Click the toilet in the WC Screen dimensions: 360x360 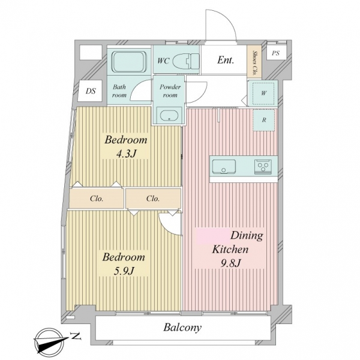coord(186,61)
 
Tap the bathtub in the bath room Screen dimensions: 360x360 coord(129,62)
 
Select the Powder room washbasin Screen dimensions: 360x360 coord(169,115)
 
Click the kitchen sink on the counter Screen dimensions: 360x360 coord(224,166)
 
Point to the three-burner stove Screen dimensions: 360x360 coord(263,167)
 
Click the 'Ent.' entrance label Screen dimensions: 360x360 coord(226,60)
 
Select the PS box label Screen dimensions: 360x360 coord(275,53)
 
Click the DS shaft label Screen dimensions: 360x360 coord(91,91)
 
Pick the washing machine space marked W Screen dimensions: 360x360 coord(263,93)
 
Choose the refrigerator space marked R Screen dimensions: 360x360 coord(264,120)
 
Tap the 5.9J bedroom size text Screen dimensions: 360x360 coord(124,271)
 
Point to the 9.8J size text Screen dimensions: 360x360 coord(230,263)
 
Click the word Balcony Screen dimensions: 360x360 coord(182,328)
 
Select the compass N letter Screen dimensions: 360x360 coord(76,337)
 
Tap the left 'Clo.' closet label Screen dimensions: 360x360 coord(97,199)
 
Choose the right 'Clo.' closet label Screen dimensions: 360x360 coord(153,199)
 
